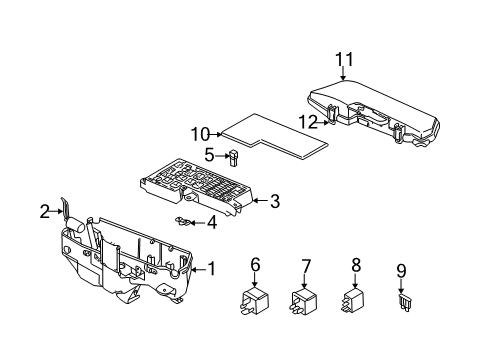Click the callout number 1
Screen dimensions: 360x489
pos(211,268)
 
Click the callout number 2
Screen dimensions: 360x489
pos(44,211)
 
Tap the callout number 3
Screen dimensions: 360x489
pos(274,201)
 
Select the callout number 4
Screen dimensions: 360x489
pos(212,222)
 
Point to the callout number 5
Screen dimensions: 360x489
pos(210,154)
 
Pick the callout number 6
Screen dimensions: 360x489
pos(255,266)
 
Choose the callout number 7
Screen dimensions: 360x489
pos(306,266)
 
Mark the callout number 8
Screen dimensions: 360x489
pos(355,265)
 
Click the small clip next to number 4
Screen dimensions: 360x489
pos(184,221)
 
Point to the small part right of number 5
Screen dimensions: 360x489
pos(232,155)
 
